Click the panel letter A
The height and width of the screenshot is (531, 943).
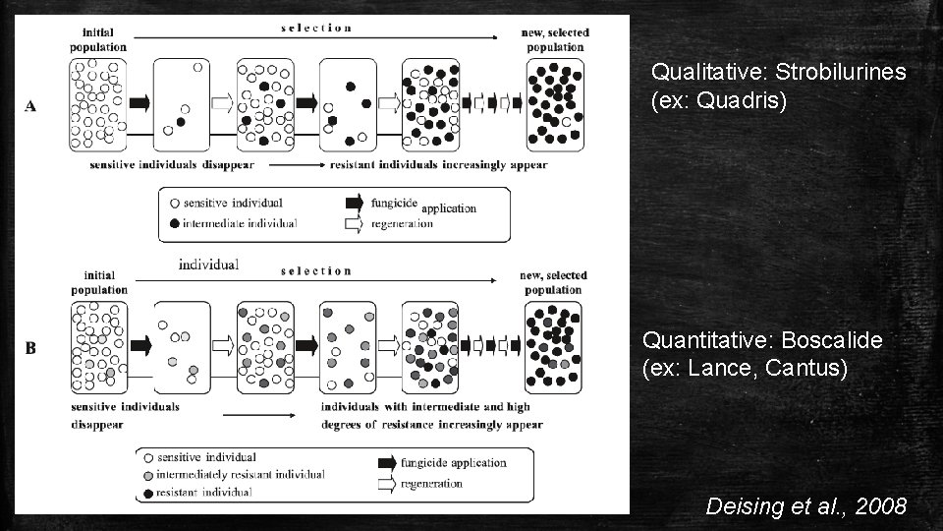pos(30,106)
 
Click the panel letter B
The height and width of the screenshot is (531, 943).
pos(30,347)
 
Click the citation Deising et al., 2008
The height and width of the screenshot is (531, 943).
pos(805,507)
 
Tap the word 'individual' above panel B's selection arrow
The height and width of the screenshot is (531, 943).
pos(208,265)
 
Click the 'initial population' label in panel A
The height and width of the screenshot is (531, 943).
pos(98,39)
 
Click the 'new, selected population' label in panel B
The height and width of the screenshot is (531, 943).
pos(554,282)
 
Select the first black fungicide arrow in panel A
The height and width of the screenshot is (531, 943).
pos(139,103)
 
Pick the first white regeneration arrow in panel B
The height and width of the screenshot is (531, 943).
pos(223,345)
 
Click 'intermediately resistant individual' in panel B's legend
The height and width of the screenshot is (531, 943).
pos(240,475)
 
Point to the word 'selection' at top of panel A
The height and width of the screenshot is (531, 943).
pos(316,28)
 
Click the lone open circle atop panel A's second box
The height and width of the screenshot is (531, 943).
pos(197,67)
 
